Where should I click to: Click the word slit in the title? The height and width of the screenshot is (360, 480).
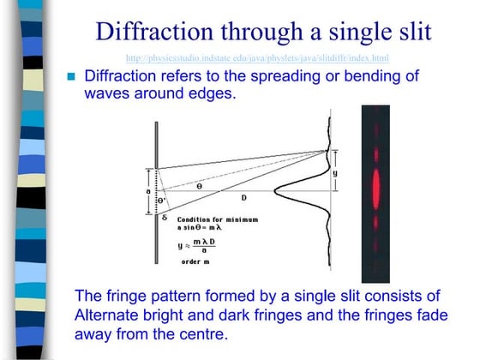click(409, 32)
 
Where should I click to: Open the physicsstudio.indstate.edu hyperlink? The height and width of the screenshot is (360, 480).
click(256, 57)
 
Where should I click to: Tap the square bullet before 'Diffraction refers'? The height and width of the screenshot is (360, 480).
click(72, 76)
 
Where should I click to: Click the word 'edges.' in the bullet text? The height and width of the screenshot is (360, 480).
click(210, 93)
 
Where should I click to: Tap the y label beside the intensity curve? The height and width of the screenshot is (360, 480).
click(334, 173)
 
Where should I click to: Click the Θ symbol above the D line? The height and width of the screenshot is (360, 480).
click(199, 185)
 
